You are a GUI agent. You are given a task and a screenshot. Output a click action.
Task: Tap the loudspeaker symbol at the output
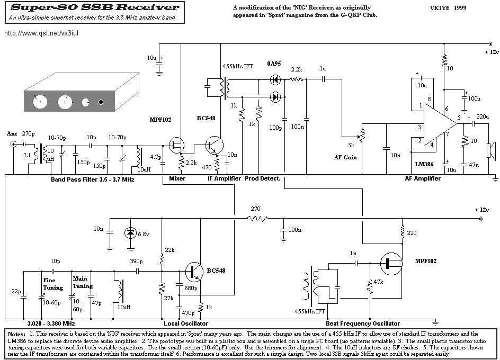(x=490, y=150)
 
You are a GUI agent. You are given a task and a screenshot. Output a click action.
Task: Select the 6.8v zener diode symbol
(x=130, y=233)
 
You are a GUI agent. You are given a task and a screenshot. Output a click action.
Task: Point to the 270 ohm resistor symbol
(x=257, y=219)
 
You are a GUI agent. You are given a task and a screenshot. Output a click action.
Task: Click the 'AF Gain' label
(x=345, y=157)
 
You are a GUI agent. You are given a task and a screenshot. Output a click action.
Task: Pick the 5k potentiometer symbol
(x=361, y=134)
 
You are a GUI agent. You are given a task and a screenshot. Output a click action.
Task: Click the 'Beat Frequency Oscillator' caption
(x=363, y=323)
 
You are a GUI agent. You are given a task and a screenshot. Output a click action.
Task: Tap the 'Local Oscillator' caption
(x=186, y=323)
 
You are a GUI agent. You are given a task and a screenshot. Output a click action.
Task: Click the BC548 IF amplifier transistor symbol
(x=214, y=145)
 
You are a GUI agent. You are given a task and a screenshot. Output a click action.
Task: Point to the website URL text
(x=41, y=33)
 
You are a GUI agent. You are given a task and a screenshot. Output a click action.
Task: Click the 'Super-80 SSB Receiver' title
(x=95, y=7)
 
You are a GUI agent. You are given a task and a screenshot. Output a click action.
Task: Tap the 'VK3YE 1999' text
(x=448, y=8)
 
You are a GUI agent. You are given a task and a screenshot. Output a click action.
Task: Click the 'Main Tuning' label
(x=82, y=282)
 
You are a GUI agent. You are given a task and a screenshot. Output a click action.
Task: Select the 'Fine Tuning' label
(x=53, y=284)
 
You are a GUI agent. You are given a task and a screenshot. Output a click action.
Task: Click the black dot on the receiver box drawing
(x=101, y=102)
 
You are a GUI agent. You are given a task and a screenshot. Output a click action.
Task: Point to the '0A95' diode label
(x=274, y=64)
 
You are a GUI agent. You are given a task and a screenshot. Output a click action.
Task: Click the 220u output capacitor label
(x=483, y=116)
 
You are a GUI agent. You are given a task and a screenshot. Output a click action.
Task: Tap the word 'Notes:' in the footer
(x=16, y=334)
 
